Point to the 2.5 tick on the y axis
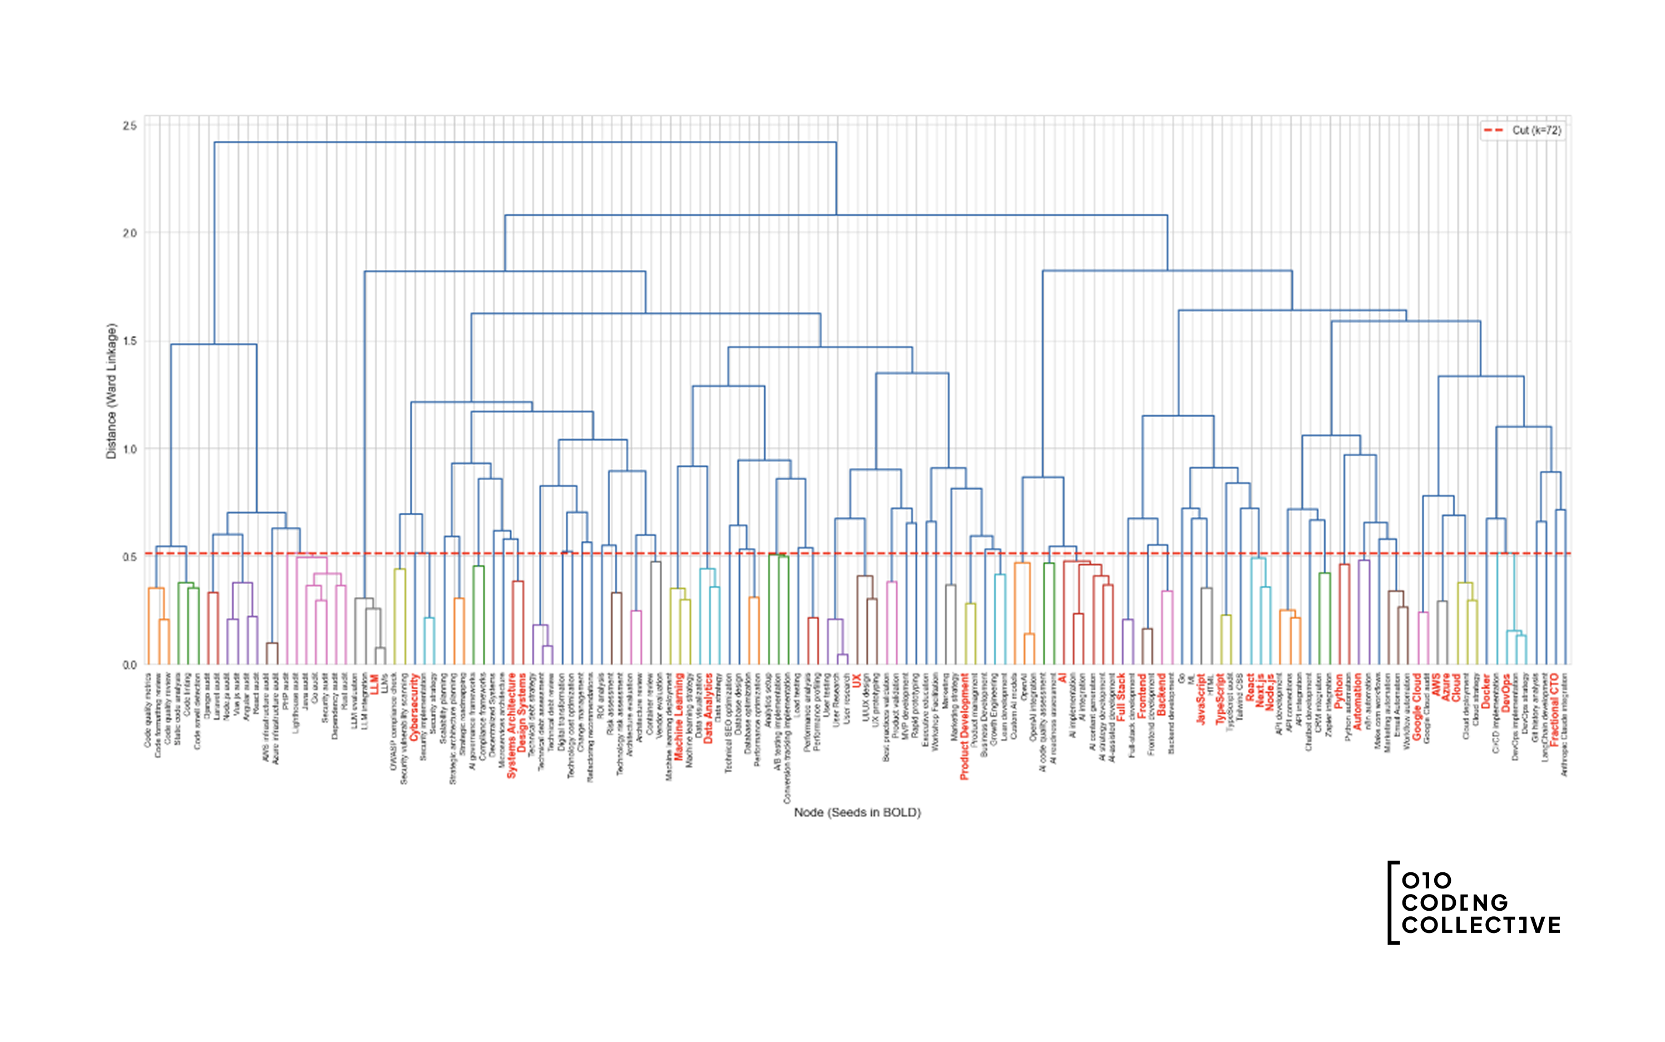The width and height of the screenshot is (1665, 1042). [x=130, y=126]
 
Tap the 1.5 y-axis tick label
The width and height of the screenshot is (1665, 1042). [x=130, y=341]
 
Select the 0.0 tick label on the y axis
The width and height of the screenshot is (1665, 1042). [x=130, y=665]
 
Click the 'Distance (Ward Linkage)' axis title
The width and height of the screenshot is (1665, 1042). [x=111, y=392]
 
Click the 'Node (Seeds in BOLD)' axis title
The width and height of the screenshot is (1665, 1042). [x=857, y=812]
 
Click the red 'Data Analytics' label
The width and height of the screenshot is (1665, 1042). [x=708, y=708]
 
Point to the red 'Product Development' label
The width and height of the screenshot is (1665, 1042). [x=964, y=727]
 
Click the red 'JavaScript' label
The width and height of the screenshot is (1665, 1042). [x=1200, y=699]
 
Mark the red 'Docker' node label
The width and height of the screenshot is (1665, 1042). [x=1486, y=690]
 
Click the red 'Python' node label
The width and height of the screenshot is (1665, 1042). [x=1338, y=691]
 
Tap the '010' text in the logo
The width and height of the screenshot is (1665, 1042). [x=1426, y=881]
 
